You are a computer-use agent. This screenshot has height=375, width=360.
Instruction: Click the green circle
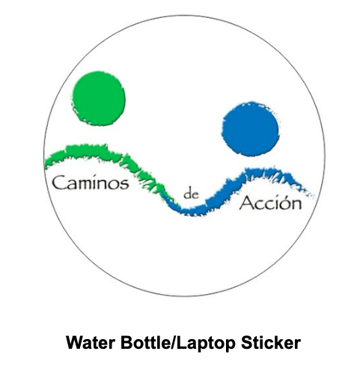click(99, 98)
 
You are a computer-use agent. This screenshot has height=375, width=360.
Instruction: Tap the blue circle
click(251, 129)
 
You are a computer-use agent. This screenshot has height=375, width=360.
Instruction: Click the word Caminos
click(91, 183)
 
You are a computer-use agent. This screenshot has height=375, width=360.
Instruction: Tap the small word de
click(192, 194)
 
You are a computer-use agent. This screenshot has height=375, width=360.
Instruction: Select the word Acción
click(270, 203)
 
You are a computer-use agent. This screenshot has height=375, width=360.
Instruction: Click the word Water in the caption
click(91, 343)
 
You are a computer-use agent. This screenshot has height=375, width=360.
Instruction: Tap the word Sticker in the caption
click(271, 343)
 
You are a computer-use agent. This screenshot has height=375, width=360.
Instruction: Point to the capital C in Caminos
click(58, 183)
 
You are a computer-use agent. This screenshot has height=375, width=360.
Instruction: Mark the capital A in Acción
click(246, 203)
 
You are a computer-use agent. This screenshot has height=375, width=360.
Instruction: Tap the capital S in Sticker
click(246, 343)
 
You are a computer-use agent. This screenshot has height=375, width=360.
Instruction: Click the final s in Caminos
click(125, 185)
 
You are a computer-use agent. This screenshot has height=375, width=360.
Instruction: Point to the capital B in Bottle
click(126, 343)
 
